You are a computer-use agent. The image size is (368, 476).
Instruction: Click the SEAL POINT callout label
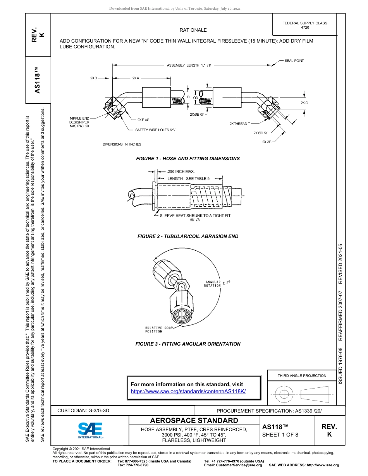[294, 61]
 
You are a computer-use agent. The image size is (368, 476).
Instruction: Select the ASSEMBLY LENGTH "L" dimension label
[188, 66]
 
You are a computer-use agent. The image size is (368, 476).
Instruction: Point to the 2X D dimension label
[93, 78]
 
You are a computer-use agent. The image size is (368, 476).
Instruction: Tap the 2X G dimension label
[304, 103]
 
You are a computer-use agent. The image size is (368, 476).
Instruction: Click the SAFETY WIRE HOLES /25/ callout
[155, 130]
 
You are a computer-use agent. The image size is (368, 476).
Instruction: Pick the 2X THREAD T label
[239, 124]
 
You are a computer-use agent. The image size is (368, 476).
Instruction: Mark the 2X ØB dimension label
[267, 142]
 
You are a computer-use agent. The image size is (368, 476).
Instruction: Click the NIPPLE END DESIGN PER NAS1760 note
[79, 122]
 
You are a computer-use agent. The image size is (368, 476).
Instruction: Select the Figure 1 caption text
[188, 159]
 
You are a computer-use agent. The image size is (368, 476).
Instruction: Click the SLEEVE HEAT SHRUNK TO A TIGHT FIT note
[195, 216]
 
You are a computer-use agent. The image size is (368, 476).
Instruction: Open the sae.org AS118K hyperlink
[188, 391]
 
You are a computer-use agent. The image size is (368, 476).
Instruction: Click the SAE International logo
[90, 430]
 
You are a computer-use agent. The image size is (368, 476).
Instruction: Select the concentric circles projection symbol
[284, 394]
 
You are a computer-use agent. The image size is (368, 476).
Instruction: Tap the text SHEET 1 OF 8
[280, 435]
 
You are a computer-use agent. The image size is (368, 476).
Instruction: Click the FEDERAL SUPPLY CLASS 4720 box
[304, 25]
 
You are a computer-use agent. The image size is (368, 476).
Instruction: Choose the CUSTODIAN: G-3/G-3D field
[86, 410]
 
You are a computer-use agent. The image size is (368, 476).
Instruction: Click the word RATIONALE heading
[193, 30]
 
